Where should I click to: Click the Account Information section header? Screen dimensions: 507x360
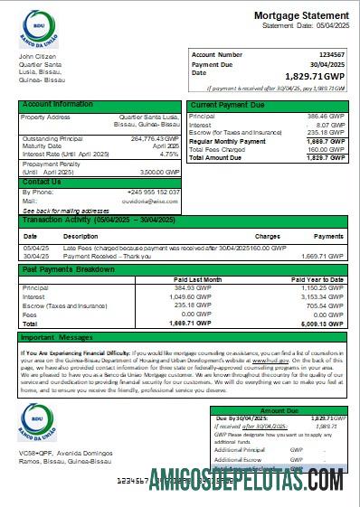58,105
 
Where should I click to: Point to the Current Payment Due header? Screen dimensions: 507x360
226,106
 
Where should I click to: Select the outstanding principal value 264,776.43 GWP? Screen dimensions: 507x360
155,138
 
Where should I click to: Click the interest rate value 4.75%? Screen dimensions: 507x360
169,154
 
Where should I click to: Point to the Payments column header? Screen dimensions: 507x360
327,235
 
